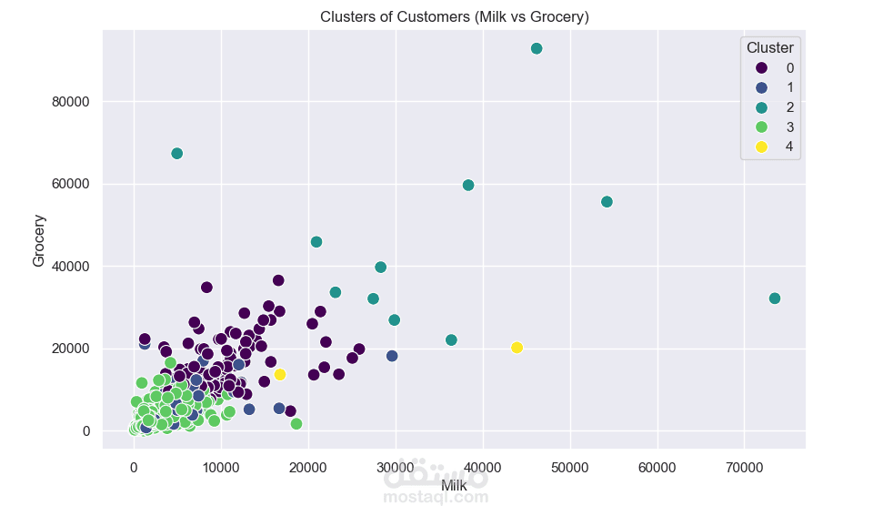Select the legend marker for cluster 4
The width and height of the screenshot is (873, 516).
tap(762, 147)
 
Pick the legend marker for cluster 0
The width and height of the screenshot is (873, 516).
tap(762, 67)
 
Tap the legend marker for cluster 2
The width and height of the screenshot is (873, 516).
tap(762, 107)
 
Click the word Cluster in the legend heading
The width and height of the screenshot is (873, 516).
tap(769, 47)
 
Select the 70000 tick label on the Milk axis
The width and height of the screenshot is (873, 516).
tap(744, 468)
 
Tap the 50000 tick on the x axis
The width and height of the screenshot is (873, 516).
tap(570, 468)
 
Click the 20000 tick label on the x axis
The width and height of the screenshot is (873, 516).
tap(308, 468)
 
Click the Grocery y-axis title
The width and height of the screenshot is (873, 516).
tap(39, 240)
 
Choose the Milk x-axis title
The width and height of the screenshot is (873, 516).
tap(454, 486)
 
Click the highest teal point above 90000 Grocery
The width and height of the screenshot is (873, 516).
tap(537, 48)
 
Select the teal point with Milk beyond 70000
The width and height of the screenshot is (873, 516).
tap(775, 298)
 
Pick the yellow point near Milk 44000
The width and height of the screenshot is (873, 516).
tap(517, 348)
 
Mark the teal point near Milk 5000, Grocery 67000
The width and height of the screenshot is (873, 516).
tap(177, 154)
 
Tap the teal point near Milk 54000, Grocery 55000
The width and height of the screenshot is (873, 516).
tap(607, 202)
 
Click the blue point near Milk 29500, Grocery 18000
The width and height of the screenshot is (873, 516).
tap(392, 356)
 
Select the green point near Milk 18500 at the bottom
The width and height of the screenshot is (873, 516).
tap(296, 424)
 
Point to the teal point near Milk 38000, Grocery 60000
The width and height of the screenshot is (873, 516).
tap(468, 185)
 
